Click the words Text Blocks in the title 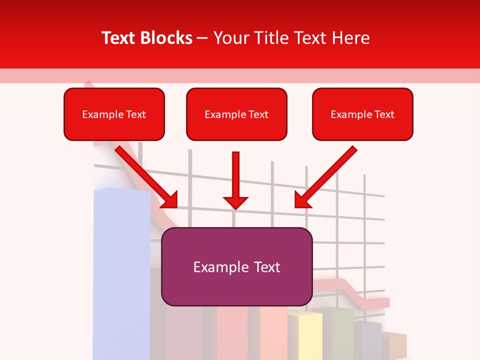(146, 38)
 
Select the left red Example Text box (114, 114)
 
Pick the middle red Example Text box (236, 114)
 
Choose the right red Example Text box (362, 114)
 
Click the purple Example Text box (236, 266)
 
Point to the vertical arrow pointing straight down (236, 175)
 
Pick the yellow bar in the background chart (305, 335)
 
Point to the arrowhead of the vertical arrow (236, 202)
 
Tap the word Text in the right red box (384, 114)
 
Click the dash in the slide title (202, 38)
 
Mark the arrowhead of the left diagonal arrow (170, 200)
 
